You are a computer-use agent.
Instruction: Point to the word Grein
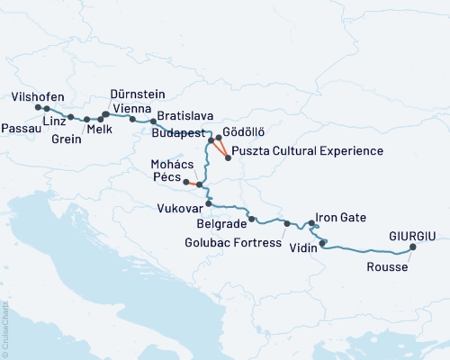pos(67,139)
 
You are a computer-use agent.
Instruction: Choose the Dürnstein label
pos(138,93)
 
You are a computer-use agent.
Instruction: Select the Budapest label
pos(179,131)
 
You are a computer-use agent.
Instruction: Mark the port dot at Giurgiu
pos(413,247)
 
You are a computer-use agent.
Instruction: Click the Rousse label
pos(388,267)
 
